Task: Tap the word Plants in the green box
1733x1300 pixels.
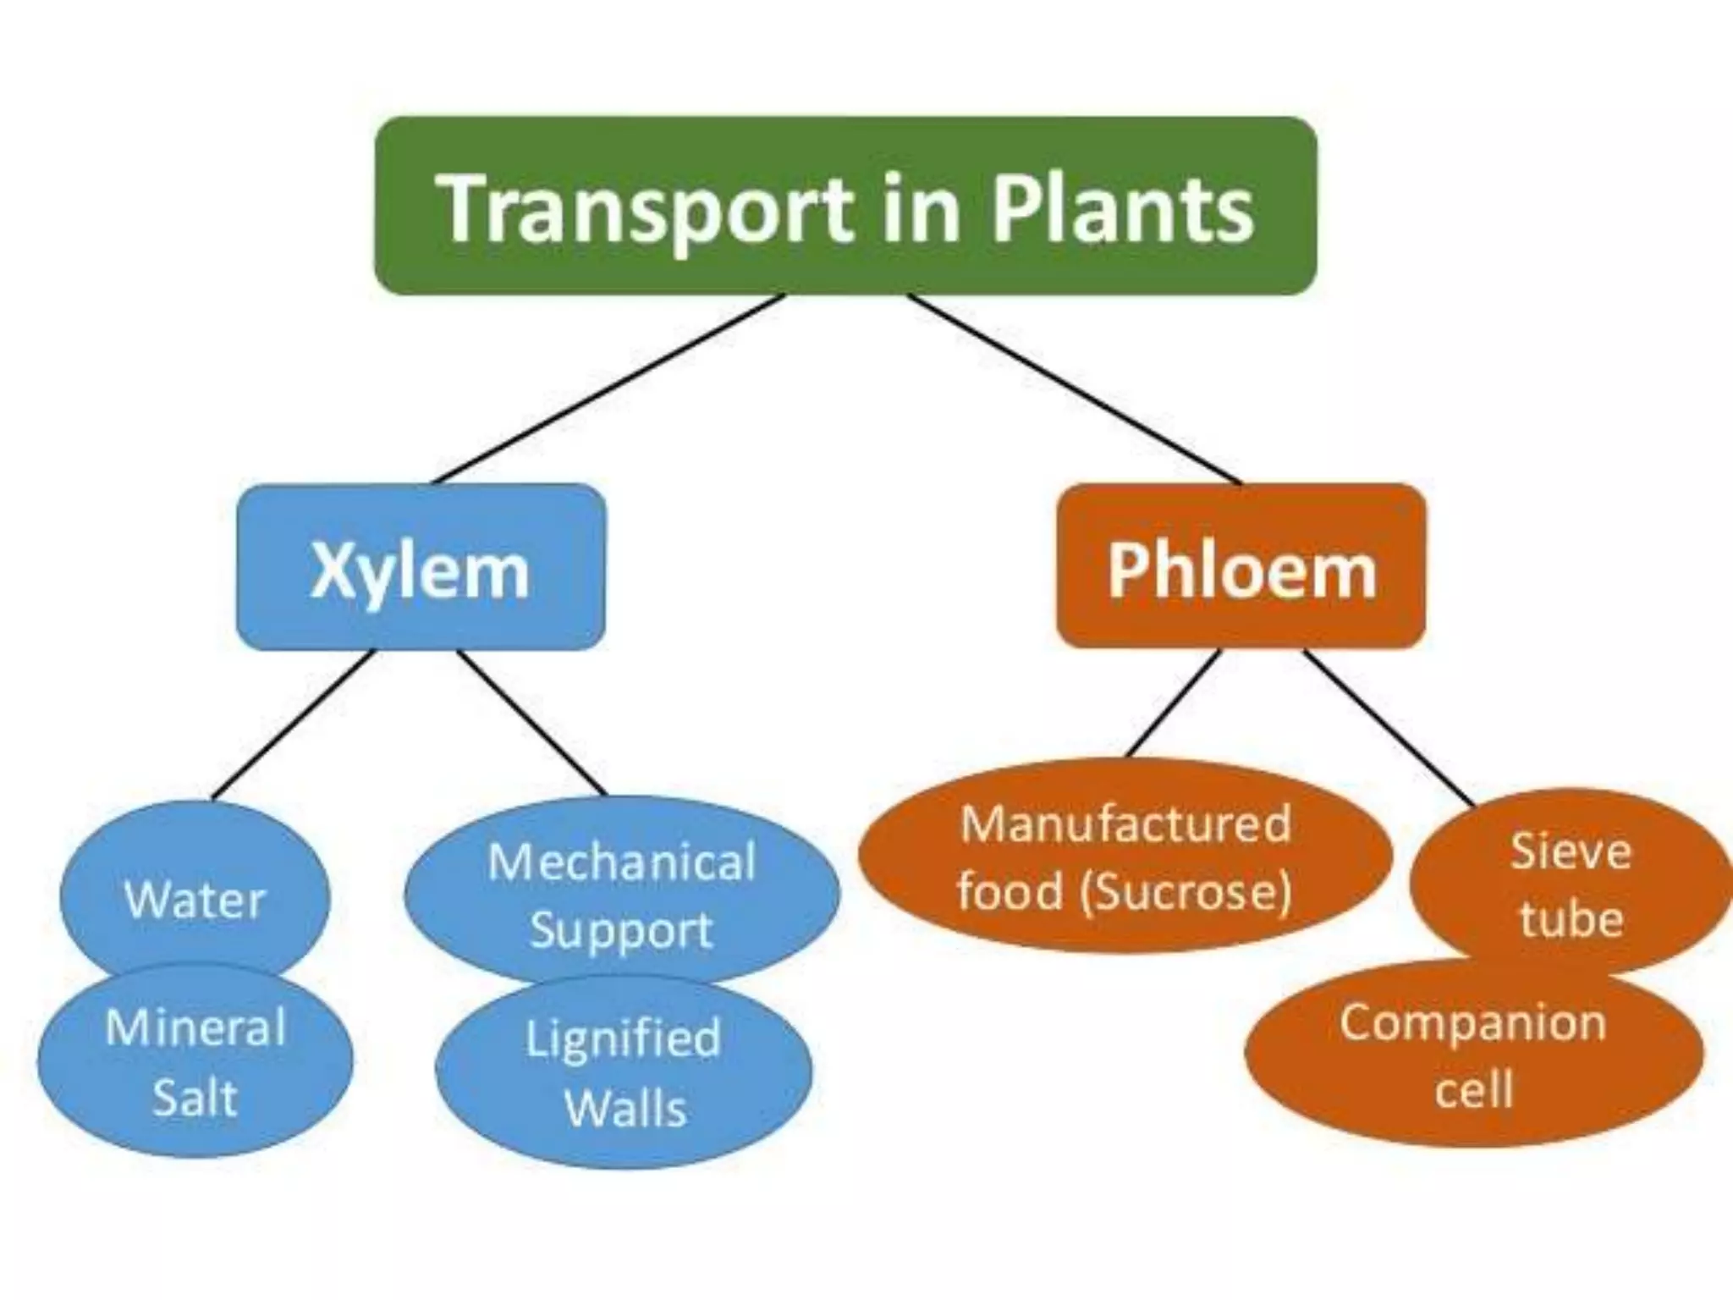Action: pos(1123,208)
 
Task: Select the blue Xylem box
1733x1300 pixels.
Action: pos(421,567)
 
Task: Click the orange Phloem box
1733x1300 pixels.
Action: pos(1241,567)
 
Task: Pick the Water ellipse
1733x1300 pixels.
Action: pos(195,899)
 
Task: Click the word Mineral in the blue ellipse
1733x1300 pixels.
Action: pos(195,1028)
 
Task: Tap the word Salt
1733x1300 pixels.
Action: pos(195,1098)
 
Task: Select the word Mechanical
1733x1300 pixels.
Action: pos(622,862)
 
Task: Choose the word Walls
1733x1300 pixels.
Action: pos(625,1108)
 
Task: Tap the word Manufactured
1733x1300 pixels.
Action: pos(1125,824)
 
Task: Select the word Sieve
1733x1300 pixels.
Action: pos(1571,851)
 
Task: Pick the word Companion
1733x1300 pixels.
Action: pos(1472,1022)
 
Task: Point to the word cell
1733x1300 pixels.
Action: pos(1473,1089)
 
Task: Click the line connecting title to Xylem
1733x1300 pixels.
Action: pos(609,388)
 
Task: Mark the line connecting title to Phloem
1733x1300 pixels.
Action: pos(1075,388)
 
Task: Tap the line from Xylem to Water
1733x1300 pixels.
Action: pos(292,725)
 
